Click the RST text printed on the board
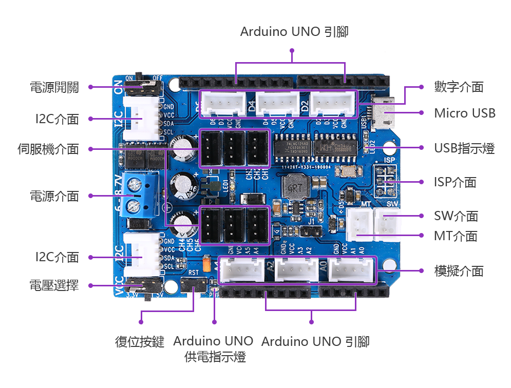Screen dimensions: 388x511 193,273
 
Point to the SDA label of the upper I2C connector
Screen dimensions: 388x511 167,124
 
